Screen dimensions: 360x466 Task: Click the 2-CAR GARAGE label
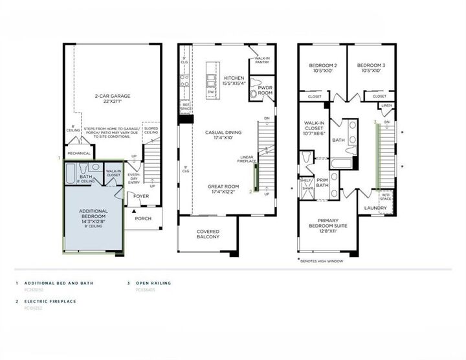pos(113,99)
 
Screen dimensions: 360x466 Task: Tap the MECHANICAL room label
pos(78,154)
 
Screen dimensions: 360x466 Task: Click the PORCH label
pos(142,218)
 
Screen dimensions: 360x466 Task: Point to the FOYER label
pos(141,195)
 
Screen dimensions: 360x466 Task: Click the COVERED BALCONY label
pos(208,234)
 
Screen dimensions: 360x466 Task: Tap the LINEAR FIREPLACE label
pos(246,159)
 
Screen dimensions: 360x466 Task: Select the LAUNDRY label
pos(375,208)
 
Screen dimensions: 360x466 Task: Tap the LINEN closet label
pos(386,106)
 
